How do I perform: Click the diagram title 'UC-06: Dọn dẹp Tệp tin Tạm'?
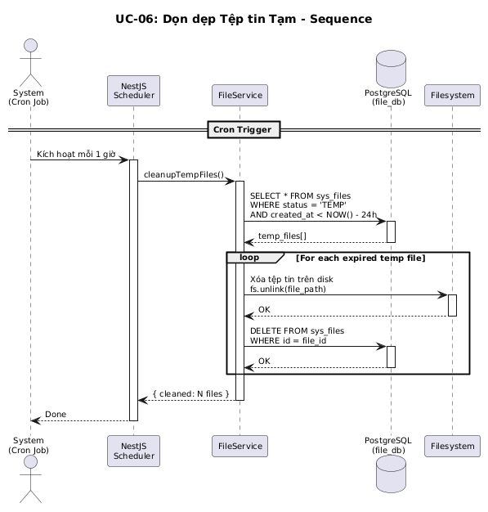206,19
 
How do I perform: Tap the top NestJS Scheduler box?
133,91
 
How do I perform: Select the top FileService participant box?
240,96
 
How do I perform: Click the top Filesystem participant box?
452,96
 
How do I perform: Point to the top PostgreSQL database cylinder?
391,69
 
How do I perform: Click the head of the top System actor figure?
31,45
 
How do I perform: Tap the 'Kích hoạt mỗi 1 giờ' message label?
76,154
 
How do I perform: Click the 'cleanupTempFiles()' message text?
184,175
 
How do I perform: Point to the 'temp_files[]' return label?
282,236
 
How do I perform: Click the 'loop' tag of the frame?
249,258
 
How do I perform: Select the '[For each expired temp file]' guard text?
360,258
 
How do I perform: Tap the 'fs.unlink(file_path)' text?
288,289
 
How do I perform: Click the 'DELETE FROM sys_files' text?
297,330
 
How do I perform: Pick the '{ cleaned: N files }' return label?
191,393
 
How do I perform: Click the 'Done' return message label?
56,415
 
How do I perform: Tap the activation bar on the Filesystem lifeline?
452,305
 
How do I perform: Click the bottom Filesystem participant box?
452,446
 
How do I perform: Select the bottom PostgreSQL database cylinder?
391,474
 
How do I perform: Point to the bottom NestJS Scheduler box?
133,451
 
